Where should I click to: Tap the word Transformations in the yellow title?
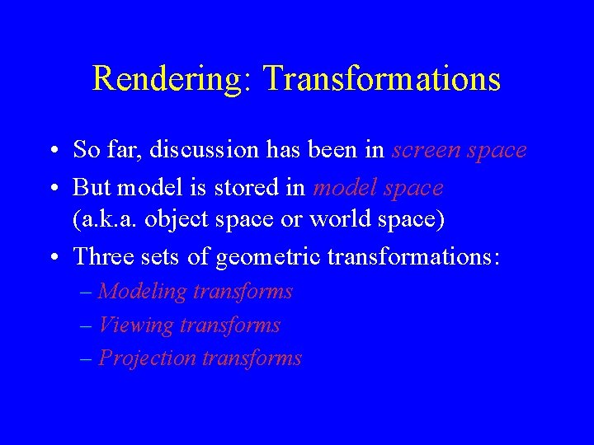[x=381, y=79]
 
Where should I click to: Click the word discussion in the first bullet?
[x=203, y=150]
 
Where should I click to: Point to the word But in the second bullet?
[x=92, y=188]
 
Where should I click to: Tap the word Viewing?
[x=135, y=326]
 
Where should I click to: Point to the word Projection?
[x=148, y=358]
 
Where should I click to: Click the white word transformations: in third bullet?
[x=413, y=257]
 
